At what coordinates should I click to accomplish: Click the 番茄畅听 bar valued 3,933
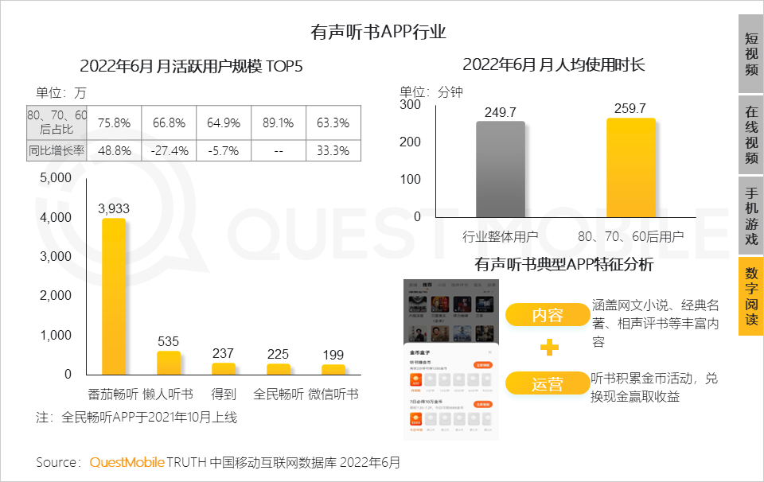coord(114,296)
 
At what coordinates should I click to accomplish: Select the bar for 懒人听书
coord(169,363)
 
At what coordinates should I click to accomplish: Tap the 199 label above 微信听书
coord(333,354)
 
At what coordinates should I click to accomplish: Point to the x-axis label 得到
coord(224,394)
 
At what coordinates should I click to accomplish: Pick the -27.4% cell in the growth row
coord(169,150)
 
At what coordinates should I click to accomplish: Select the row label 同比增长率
coord(57,150)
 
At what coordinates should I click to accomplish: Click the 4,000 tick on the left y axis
coord(56,218)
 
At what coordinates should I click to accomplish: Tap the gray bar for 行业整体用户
coord(501,169)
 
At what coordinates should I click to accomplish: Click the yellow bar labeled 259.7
coord(631,167)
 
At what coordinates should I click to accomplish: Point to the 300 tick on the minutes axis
coord(410,104)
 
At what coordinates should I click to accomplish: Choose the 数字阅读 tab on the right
coord(750,296)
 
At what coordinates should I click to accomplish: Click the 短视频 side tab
coord(750,53)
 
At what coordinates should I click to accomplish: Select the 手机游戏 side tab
coord(750,215)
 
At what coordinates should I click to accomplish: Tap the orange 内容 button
coord(548,315)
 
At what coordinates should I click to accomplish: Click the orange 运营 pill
coord(548,385)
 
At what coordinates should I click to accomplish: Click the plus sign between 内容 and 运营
coord(548,348)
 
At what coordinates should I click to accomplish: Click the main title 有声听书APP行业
coord(378,33)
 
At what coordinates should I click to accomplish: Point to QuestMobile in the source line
coord(127,462)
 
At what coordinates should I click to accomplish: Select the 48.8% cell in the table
coord(114,150)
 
